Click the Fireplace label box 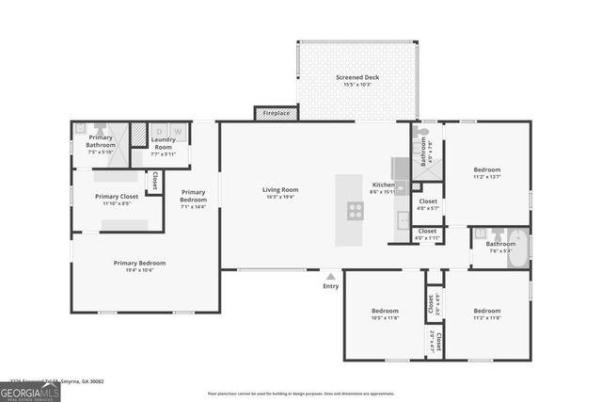(x=276, y=113)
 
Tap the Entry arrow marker (x=330, y=277)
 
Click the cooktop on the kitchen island (x=355, y=210)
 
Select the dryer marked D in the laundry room (x=160, y=131)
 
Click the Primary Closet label (x=118, y=197)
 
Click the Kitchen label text (x=383, y=185)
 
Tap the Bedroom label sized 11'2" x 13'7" (x=486, y=170)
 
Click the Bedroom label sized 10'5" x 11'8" (x=385, y=311)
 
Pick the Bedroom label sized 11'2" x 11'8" (x=486, y=311)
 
